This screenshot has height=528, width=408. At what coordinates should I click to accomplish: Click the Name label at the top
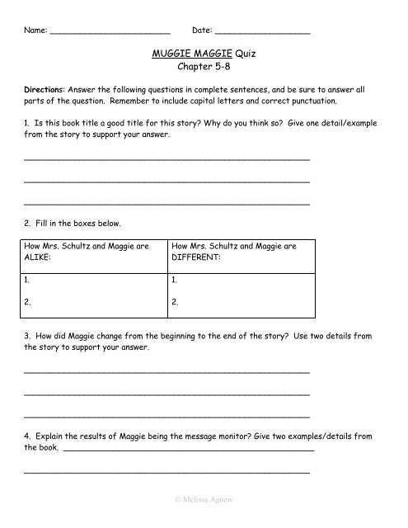point(35,31)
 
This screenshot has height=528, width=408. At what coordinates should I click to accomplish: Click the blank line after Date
point(262,31)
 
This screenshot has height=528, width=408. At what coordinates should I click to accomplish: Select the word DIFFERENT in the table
point(197,257)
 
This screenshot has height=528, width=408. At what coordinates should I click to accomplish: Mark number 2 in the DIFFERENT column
point(174,303)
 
